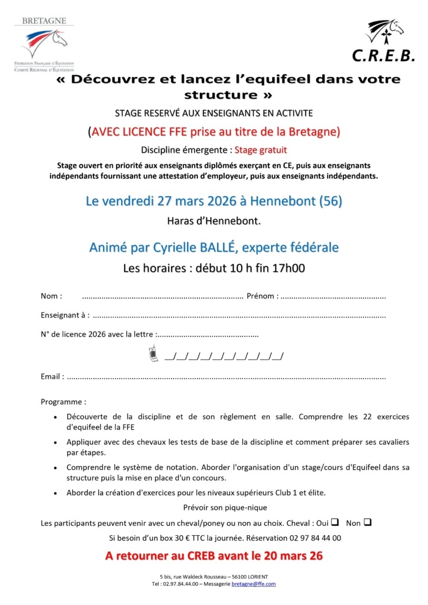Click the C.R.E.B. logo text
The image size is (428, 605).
click(383, 55)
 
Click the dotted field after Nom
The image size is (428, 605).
click(162, 297)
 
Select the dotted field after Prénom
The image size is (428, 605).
click(333, 297)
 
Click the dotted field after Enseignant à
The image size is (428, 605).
click(239, 315)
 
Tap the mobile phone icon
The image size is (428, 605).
click(152, 354)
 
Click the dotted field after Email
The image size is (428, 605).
click(226, 377)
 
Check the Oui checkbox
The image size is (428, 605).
click(335, 522)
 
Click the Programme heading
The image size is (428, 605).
click(63, 402)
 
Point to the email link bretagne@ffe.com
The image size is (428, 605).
click(253, 584)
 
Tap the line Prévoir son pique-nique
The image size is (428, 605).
click(225, 507)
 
